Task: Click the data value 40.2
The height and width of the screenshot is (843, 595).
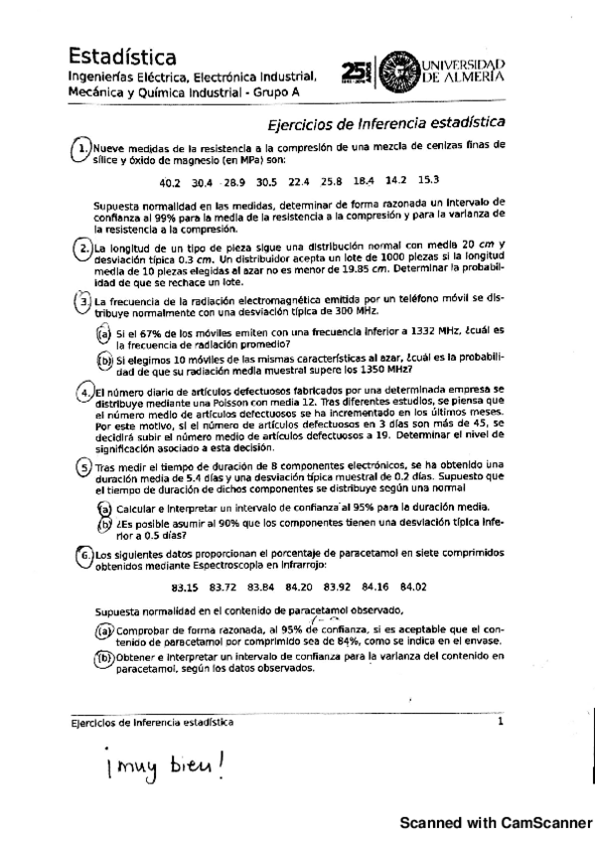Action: point(170,182)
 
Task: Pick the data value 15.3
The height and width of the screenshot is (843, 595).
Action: point(428,180)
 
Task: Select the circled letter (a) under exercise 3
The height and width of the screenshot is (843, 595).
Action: point(103,334)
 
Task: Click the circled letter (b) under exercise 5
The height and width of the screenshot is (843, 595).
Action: point(104,525)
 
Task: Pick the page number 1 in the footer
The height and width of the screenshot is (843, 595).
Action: point(501,723)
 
